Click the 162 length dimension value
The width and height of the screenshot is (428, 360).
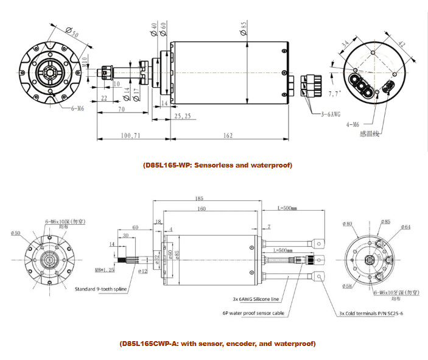coord(227,135)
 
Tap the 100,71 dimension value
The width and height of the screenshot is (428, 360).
coord(130,135)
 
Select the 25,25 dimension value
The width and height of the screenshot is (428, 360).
coord(183,116)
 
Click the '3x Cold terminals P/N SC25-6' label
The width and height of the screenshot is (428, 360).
coord(372,314)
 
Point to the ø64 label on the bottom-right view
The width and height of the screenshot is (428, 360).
coord(406,227)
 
